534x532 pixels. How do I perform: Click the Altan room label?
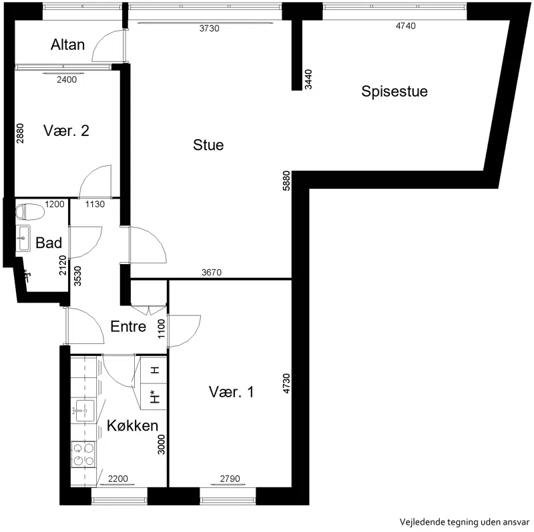[x=67, y=45]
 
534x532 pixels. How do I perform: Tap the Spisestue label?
[x=394, y=91]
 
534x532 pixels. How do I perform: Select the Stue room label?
[x=208, y=145]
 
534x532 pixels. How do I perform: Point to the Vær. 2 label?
[x=66, y=131]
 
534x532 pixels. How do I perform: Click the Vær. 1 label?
[x=231, y=392]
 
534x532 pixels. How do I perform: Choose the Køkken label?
[x=132, y=425]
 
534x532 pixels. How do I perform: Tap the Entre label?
[x=128, y=327]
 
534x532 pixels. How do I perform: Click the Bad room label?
[x=49, y=243]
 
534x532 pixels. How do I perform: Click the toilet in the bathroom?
[x=29, y=211]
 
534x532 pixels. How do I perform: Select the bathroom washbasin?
[x=23, y=238]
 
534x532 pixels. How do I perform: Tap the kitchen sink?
[x=84, y=411]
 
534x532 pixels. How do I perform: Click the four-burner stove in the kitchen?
[x=83, y=455]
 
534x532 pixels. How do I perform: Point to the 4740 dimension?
[x=406, y=26]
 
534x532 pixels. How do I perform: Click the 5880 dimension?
[x=286, y=181]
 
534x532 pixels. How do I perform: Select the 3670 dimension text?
[x=212, y=273]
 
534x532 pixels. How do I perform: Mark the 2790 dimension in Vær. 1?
[x=230, y=479]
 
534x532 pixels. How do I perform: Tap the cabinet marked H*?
[x=154, y=397]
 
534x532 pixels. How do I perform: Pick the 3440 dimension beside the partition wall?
[x=308, y=79]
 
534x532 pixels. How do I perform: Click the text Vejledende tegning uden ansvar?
[x=465, y=522]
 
